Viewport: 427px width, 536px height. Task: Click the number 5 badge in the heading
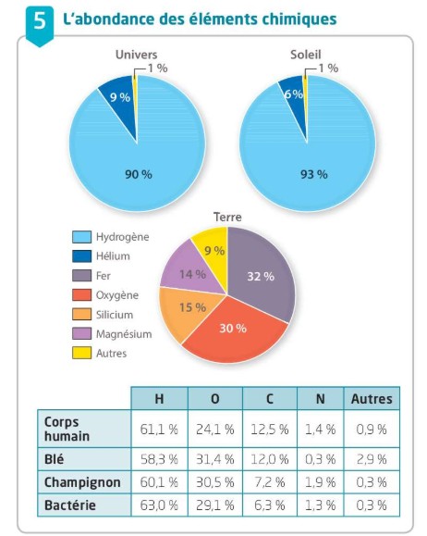[x=40, y=25]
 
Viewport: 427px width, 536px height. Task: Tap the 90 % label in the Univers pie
[x=139, y=175]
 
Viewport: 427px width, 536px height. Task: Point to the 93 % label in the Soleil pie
[x=313, y=175]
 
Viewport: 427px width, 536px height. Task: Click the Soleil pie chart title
[x=306, y=55]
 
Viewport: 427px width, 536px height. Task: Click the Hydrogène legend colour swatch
[x=82, y=237]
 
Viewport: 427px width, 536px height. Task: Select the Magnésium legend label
[x=124, y=334]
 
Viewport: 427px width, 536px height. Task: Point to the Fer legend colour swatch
[x=82, y=276]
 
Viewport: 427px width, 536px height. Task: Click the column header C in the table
[x=270, y=399]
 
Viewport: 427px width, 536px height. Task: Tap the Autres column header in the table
[x=372, y=399]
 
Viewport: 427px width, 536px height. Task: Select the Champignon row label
[x=82, y=482]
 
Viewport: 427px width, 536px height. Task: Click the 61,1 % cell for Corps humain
[x=159, y=429]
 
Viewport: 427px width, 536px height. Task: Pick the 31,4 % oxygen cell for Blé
[x=215, y=459]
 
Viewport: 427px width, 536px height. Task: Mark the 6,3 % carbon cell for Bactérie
[x=270, y=505]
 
